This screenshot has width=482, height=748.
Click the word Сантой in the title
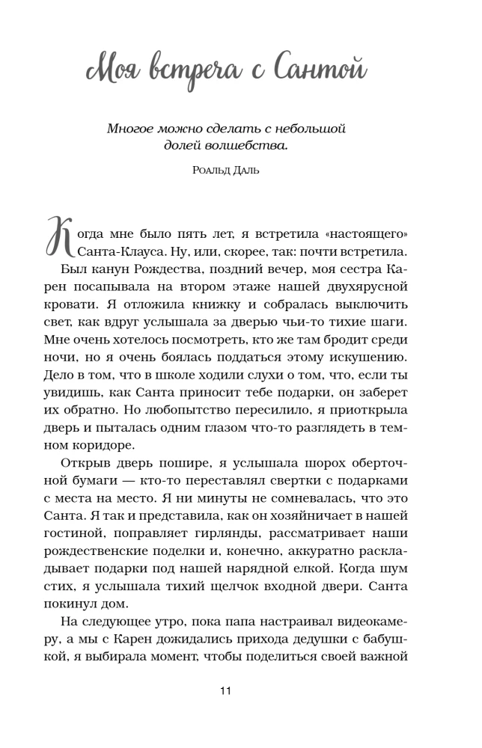click(320, 72)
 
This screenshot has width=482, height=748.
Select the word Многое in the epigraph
click(132, 129)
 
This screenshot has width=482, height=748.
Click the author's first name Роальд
click(211, 171)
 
